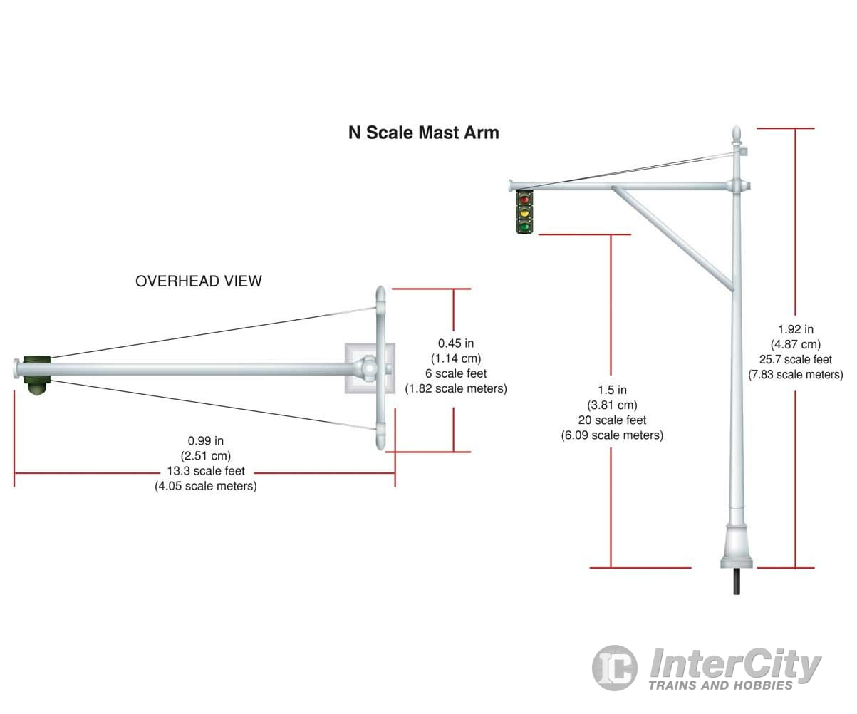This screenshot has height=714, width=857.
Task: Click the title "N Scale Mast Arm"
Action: [x=423, y=133]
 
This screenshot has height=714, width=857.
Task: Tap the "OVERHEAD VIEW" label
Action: [x=198, y=281]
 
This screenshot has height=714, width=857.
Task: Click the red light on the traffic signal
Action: [x=525, y=200]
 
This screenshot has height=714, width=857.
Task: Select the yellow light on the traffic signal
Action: [x=525, y=212]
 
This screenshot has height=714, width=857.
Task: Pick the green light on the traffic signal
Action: [x=525, y=226]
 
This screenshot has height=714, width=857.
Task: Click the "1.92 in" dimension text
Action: [x=795, y=329]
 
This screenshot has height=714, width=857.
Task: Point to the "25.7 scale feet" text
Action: [x=795, y=359]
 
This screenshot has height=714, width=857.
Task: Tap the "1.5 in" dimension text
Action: [x=612, y=390]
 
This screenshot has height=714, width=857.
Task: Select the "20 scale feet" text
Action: [x=612, y=420]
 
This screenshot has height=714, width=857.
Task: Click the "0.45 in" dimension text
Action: [x=456, y=343]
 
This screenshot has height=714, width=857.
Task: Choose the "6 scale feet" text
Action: [x=456, y=373]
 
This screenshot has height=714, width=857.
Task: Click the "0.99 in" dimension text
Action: [x=206, y=442]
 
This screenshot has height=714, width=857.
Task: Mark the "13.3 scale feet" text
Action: [x=206, y=471]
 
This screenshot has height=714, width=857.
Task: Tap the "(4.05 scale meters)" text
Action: [x=206, y=486]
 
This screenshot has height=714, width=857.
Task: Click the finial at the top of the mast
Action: [x=738, y=134]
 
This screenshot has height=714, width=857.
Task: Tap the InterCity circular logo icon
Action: [x=614, y=668]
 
